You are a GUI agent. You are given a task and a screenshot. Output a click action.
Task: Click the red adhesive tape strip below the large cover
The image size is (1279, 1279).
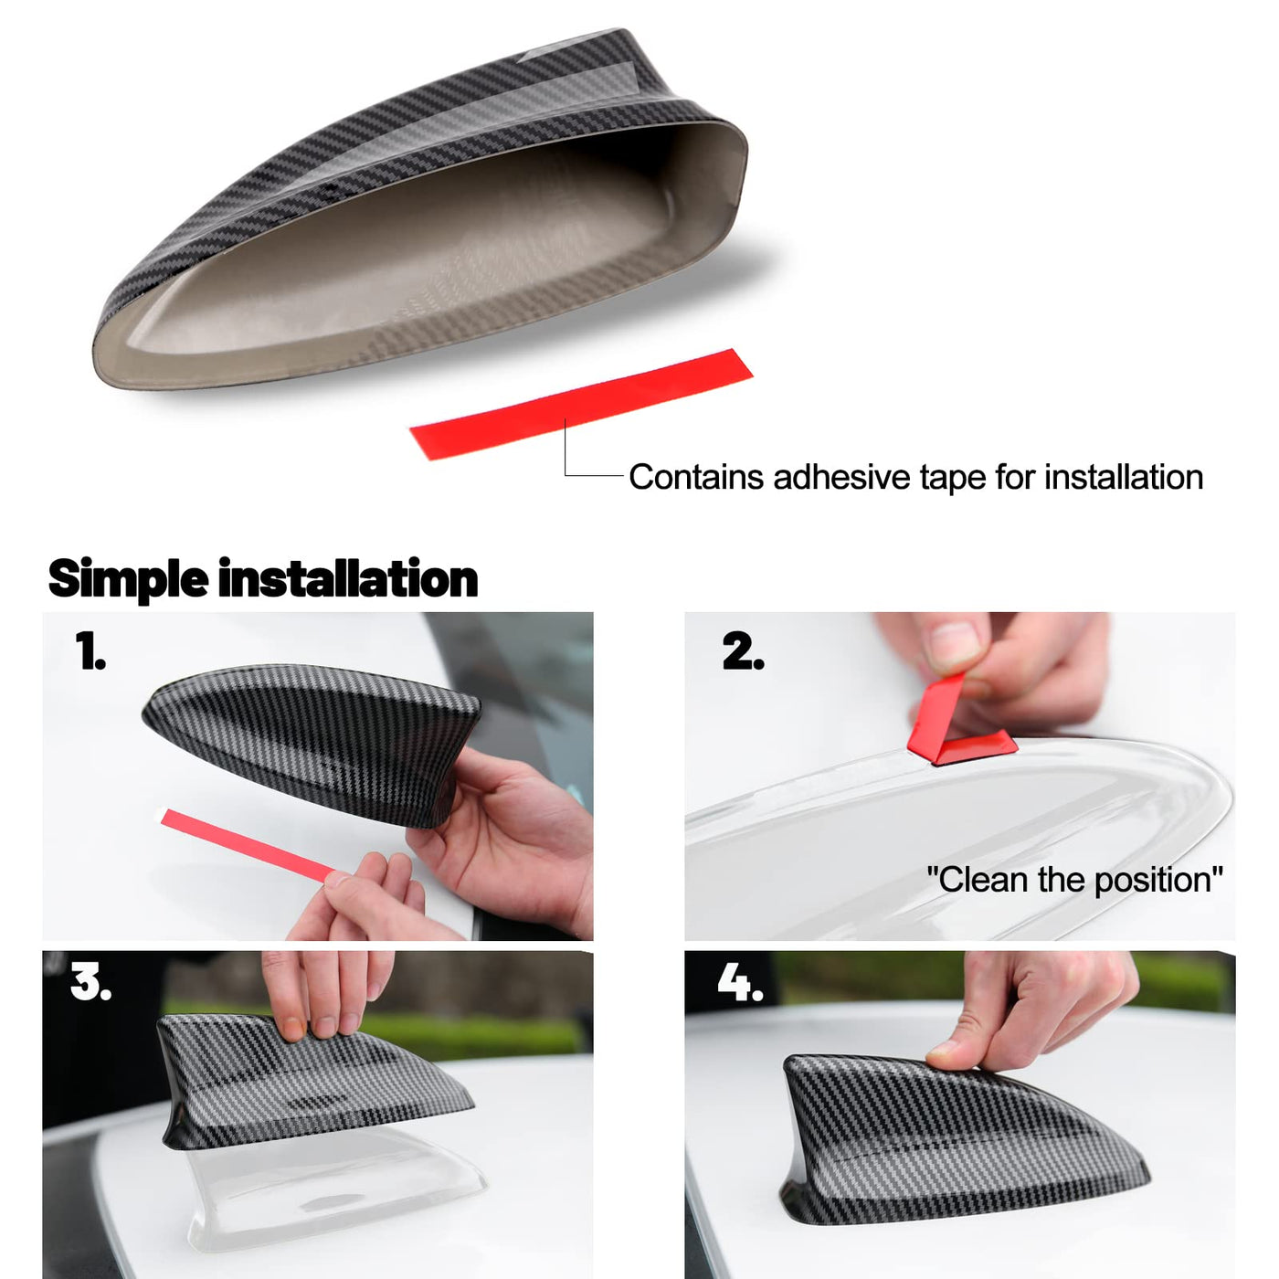point(581,404)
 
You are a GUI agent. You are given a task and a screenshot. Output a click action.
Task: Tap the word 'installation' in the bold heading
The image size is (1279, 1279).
point(348,579)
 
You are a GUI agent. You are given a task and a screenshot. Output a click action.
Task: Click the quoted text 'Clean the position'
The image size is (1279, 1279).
point(1074,880)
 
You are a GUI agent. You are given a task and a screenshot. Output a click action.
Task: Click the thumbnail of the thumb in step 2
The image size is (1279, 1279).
point(955,642)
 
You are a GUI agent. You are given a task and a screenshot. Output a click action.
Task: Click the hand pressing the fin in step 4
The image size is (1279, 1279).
point(1035,1009)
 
